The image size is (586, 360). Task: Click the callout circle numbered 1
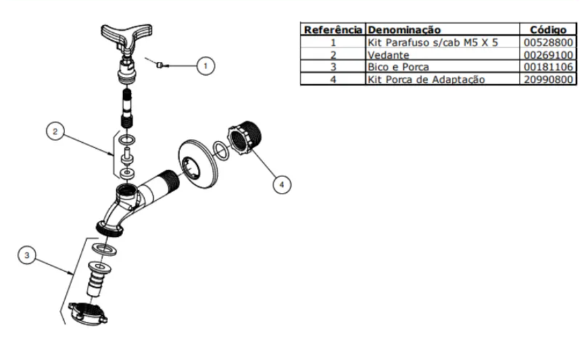click(206, 66)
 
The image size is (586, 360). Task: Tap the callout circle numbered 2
click(55, 131)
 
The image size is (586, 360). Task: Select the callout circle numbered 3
click(27, 255)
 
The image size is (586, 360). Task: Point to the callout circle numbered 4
click(281, 184)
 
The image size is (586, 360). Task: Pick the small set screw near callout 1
click(159, 65)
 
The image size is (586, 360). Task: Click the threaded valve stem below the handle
click(128, 107)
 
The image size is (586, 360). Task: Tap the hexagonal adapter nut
click(244, 138)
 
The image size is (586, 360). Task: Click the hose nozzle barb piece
click(98, 278)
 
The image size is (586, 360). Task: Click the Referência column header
click(333, 30)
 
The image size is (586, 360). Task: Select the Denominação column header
click(404, 30)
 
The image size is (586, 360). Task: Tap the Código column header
click(548, 30)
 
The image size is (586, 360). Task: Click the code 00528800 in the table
click(549, 42)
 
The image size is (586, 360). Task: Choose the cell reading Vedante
click(388, 55)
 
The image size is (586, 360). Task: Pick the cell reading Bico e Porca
click(399, 67)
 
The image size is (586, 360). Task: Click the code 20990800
click(549, 79)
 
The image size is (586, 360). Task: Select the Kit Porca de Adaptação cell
click(426, 80)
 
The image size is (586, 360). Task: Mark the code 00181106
click(549, 67)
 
